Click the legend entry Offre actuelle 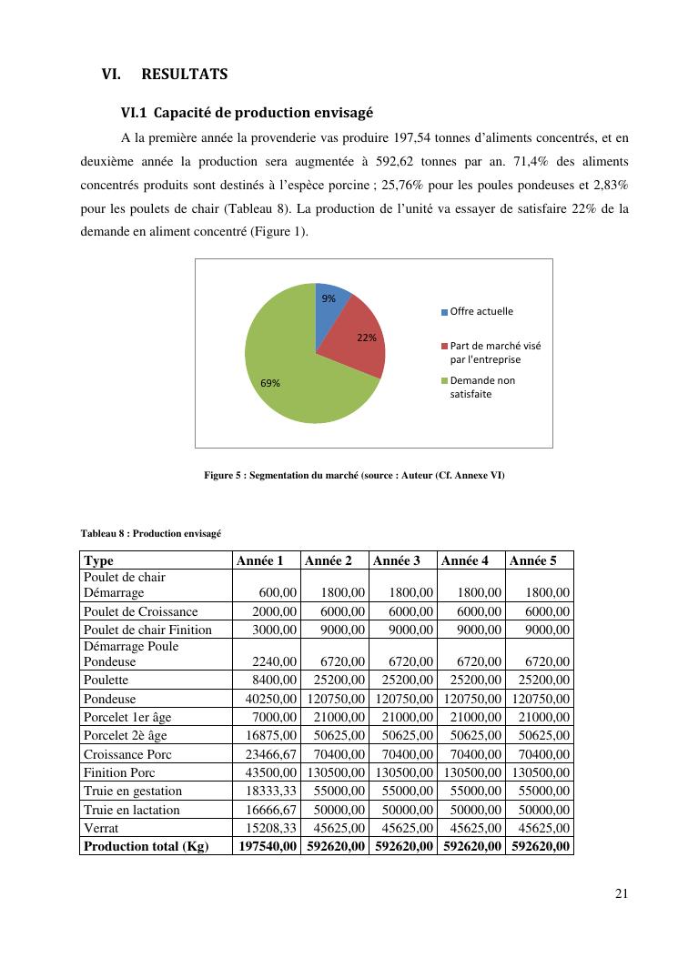[x=481, y=312]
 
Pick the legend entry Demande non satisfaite [x=481, y=388]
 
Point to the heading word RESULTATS [x=185, y=74]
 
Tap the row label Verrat [x=103, y=829]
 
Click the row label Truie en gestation [x=133, y=792]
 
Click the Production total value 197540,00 [x=264, y=846]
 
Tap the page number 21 [x=621, y=893]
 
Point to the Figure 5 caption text [x=354, y=476]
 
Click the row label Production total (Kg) [x=146, y=846]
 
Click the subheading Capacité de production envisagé [x=263, y=114]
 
